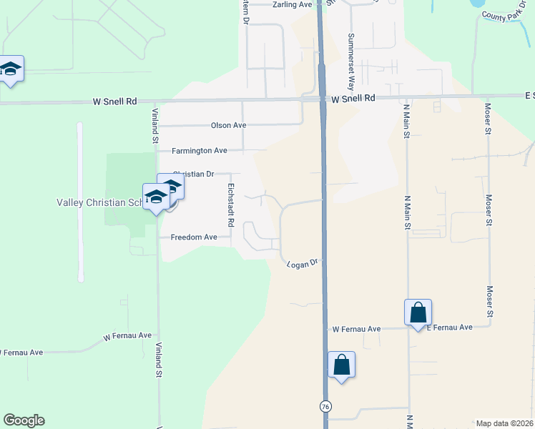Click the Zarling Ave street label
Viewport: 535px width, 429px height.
[x=293, y=4]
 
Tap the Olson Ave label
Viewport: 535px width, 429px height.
[x=228, y=125]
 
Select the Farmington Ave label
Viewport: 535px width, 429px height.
[x=200, y=151]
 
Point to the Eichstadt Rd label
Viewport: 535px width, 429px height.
[x=231, y=205]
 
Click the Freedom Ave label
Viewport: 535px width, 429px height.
[x=194, y=237]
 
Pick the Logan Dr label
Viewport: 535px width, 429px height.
[x=302, y=265]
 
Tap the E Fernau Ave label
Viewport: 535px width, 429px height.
[x=450, y=327]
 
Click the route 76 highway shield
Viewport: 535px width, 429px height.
[x=326, y=406]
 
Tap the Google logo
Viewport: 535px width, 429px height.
[x=24, y=420]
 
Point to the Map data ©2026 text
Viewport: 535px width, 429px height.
[x=505, y=423]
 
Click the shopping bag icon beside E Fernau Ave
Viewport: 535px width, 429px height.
[x=418, y=312]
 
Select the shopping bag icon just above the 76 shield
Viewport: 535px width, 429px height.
[x=342, y=365]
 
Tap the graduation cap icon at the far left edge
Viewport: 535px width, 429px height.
[x=10, y=69]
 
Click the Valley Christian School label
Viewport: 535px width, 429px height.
[x=100, y=202]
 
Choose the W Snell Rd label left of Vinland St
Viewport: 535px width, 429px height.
[x=114, y=102]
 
